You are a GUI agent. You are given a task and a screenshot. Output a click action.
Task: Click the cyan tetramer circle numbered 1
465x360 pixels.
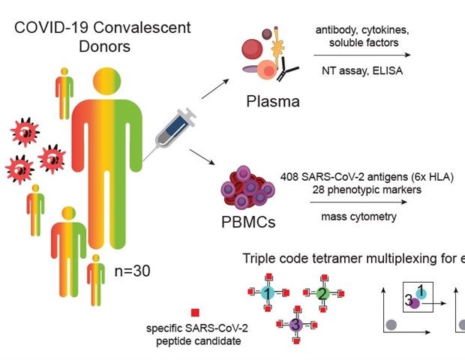click(266, 293)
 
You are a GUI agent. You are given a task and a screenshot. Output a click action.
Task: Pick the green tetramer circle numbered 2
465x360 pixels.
click(322, 293)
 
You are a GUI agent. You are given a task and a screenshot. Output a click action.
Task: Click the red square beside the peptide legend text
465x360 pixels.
click(195, 313)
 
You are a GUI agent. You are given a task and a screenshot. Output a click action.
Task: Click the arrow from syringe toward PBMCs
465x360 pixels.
click(210, 157)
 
